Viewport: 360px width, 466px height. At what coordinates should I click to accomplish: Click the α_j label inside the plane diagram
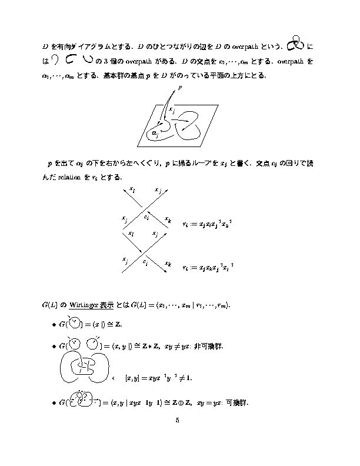[x=155, y=134]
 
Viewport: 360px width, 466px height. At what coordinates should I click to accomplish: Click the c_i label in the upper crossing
[x=146, y=217]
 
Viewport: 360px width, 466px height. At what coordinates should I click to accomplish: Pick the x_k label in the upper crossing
[x=168, y=219]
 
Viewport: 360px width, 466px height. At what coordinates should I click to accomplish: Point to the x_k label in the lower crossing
[x=168, y=264]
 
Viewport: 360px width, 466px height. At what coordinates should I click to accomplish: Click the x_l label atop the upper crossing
[x=132, y=189]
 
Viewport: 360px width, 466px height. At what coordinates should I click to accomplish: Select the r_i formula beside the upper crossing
[x=209, y=224]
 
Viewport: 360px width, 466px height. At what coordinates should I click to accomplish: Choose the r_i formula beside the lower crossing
[x=209, y=267]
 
